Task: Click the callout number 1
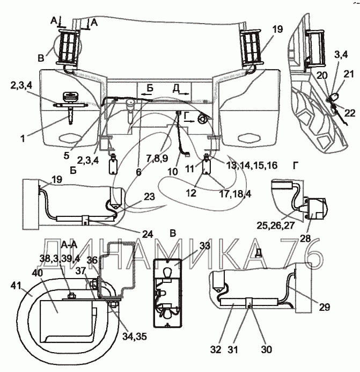pyautogui.click(x=23, y=138)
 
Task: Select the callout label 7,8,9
pyautogui.click(x=157, y=158)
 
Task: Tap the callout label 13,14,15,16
pyautogui.click(x=252, y=165)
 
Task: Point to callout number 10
pyautogui.click(x=173, y=171)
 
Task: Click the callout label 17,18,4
pyautogui.click(x=235, y=194)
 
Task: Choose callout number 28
pyautogui.click(x=305, y=239)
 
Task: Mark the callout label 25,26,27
pyautogui.click(x=276, y=225)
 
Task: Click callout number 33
pyautogui.click(x=204, y=246)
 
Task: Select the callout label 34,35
pyautogui.click(x=135, y=336)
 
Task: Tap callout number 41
pyautogui.click(x=16, y=286)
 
